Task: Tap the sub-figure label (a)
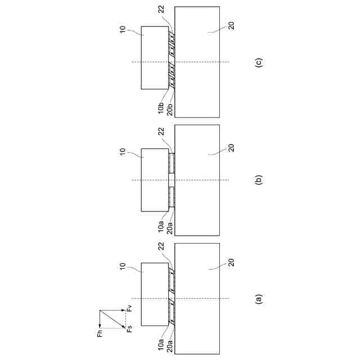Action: (258, 298)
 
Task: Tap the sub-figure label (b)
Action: (258, 180)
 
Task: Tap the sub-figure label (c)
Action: (258, 62)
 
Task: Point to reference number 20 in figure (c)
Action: (232, 25)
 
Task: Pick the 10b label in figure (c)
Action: (161, 107)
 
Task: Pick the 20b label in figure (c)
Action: (170, 107)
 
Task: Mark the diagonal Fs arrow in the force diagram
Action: (111, 319)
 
